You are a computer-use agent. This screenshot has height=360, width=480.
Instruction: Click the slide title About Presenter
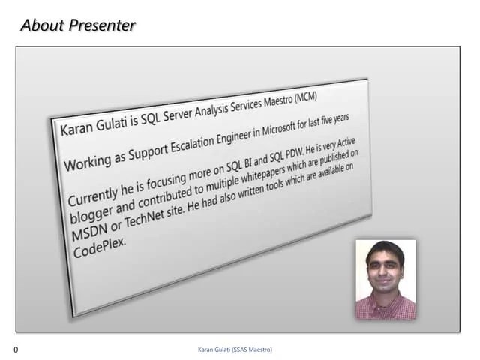tap(78, 25)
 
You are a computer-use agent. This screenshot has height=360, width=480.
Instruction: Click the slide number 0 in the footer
tap(16, 349)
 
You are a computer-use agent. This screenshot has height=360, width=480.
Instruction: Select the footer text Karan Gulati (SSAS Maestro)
tap(235, 349)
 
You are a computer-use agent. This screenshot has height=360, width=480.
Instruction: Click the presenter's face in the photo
tap(385, 271)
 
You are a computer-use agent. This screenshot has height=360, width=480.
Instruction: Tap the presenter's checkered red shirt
tap(385, 307)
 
